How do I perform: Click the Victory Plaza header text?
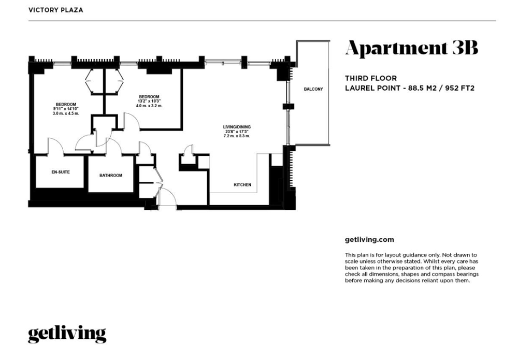tap(56, 10)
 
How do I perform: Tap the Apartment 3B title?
tap(412, 48)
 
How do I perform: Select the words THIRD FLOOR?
tap(371, 78)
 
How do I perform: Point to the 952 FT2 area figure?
tap(460, 88)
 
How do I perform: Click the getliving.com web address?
tap(369, 240)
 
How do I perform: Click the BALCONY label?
tap(313, 89)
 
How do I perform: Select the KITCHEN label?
tap(242, 185)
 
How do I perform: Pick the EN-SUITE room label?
tap(61, 172)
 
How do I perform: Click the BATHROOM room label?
tap(111, 176)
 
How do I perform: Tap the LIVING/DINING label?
tap(237, 127)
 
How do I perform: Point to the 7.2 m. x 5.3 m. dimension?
tap(237, 136)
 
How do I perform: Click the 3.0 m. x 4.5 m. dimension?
tap(66, 113)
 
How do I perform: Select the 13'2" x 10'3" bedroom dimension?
tap(149, 101)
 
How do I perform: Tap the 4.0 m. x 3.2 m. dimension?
tap(149, 106)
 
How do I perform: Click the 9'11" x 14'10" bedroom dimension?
tap(66, 109)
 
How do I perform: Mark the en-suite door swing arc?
tap(60, 142)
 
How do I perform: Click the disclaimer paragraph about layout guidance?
tap(412, 268)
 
